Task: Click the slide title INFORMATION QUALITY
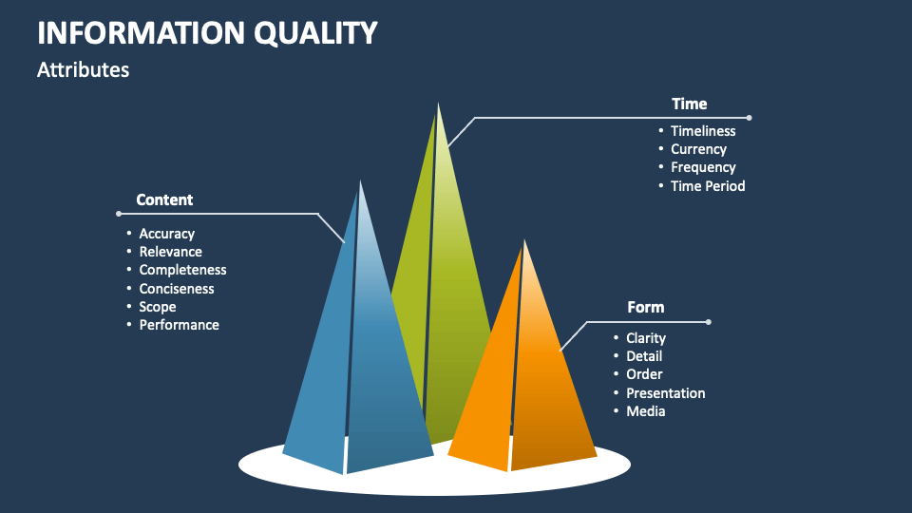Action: (x=207, y=32)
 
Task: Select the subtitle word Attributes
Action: (x=84, y=70)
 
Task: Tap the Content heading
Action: (x=164, y=199)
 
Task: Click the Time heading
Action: (x=689, y=104)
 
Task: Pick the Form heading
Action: (x=645, y=307)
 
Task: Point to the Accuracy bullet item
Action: (x=166, y=234)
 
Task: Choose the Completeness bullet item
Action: (x=182, y=270)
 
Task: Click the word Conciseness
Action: (x=177, y=289)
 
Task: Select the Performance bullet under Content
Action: (x=179, y=325)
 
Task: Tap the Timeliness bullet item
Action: (x=703, y=131)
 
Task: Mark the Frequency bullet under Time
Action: (x=703, y=167)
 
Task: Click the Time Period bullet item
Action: (x=708, y=186)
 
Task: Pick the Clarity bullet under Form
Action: (x=646, y=338)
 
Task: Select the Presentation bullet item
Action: (x=665, y=393)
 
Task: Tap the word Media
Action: (x=646, y=411)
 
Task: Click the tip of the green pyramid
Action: (x=438, y=104)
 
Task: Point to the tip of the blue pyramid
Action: (x=360, y=182)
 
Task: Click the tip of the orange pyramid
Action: (x=523, y=241)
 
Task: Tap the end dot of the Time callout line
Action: (x=749, y=118)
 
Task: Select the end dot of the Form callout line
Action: (x=709, y=322)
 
